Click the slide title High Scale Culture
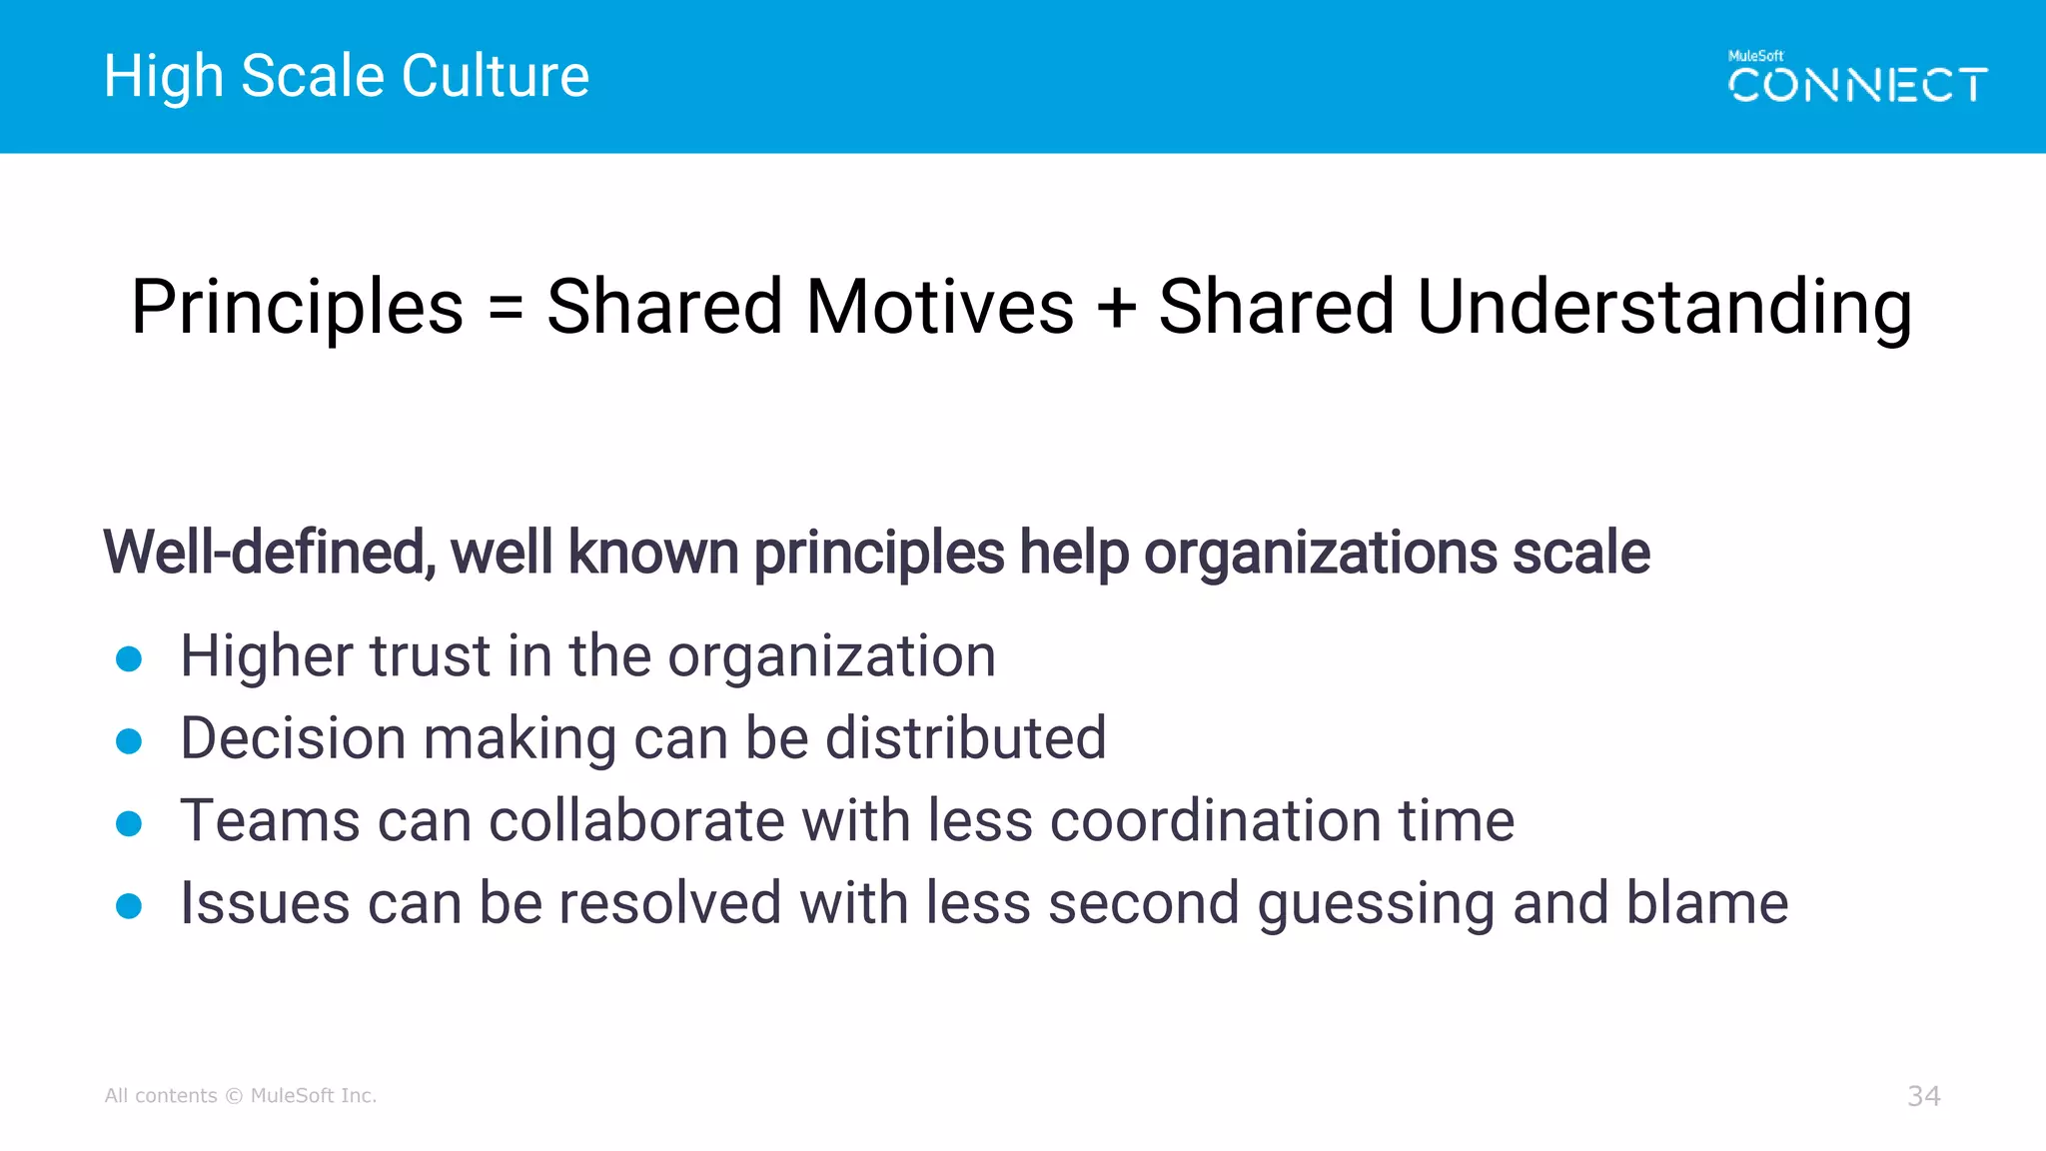(346, 76)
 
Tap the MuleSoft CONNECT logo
(1857, 78)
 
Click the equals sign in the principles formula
(506, 308)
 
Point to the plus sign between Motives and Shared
(1116, 308)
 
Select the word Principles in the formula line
(297, 308)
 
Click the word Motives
(939, 306)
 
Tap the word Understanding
(1663, 308)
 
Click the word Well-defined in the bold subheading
(268, 553)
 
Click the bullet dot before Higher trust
(129, 658)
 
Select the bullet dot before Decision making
(129, 741)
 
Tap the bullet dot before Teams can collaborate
(129, 823)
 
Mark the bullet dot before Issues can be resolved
(129, 906)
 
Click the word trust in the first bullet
(430, 656)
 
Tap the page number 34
(1923, 1096)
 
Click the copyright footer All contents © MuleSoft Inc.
(241, 1096)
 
